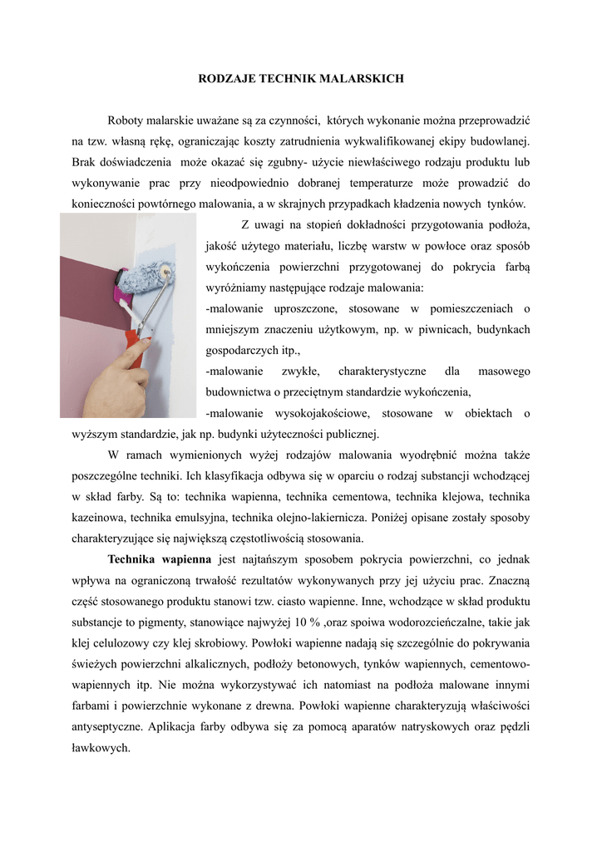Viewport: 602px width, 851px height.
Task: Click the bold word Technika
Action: (136, 558)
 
